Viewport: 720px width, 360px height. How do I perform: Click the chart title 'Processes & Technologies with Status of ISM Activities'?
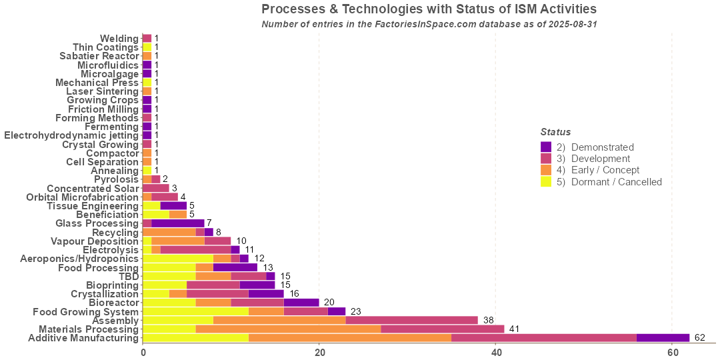click(x=429, y=9)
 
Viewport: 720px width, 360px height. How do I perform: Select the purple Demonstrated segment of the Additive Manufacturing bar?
click(x=663, y=338)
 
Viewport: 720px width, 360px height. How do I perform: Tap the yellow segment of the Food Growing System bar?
click(x=195, y=311)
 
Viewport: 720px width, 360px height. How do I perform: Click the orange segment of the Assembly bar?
click(x=279, y=320)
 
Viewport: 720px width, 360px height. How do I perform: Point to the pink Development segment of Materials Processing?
click(x=442, y=329)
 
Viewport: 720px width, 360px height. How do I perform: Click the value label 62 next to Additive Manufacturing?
click(x=700, y=338)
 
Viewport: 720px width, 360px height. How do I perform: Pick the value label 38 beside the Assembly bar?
click(x=489, y=320)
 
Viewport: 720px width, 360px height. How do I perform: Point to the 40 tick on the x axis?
click(x=495, y=352)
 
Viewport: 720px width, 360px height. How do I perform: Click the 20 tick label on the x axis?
click(x=319, y=352)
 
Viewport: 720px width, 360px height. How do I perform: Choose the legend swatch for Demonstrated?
click(x=545, y=147)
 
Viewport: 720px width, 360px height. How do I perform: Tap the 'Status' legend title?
click(x=555, y=132)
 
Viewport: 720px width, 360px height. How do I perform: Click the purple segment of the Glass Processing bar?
click(x=177, y=223)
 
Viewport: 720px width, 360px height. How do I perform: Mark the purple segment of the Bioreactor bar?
click(x=301, y=303)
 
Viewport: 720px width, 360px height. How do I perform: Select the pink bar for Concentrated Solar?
click(x=155, y=188)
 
